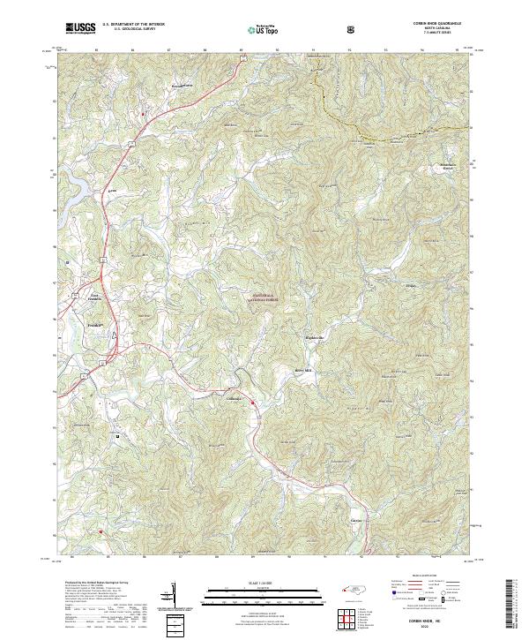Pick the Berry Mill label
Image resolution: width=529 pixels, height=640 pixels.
[303, 371]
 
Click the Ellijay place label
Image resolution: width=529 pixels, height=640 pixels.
[410, 284]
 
